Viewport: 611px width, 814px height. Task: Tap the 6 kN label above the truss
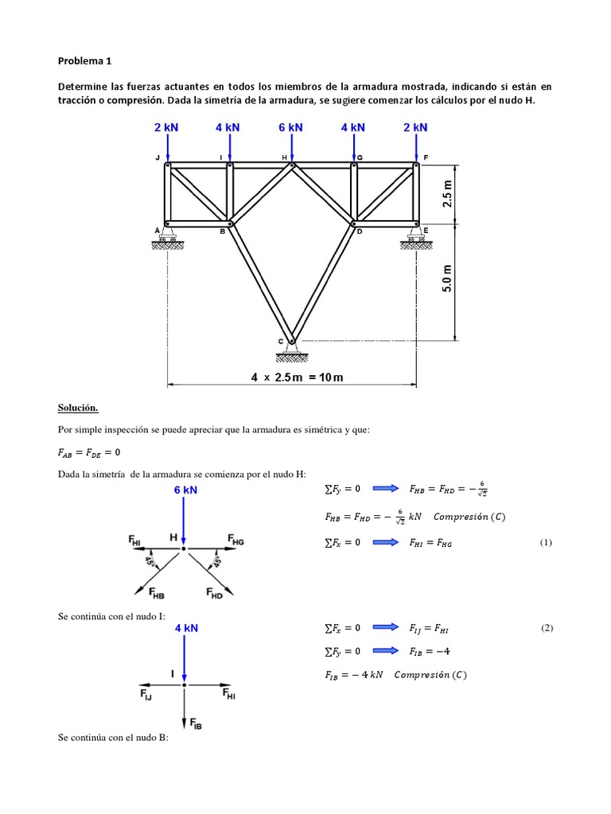click(x=291, y=127)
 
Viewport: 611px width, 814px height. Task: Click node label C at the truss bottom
click(x=280, y=342)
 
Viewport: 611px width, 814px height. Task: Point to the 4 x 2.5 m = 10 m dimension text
click(x=297, y=377)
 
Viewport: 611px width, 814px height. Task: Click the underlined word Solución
click(x=78, y=408)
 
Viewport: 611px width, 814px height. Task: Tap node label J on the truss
click(x=158, y=158)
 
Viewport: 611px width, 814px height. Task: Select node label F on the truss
click(x=426, y=158)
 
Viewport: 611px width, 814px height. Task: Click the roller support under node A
click(x=167, y=238)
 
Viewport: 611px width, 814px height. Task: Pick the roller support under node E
click(x=414, y=238)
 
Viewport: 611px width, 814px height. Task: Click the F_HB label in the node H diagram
click(x=156, y=593)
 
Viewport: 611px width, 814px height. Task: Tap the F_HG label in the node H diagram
click(x=235, y=540)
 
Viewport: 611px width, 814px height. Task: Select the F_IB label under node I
click(x=194, y=724)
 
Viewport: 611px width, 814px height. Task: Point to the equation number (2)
click(x=546, y=628)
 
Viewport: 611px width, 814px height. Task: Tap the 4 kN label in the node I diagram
click(x=186, y=628)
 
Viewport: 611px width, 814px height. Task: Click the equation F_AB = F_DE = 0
click(x=89, y=452)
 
